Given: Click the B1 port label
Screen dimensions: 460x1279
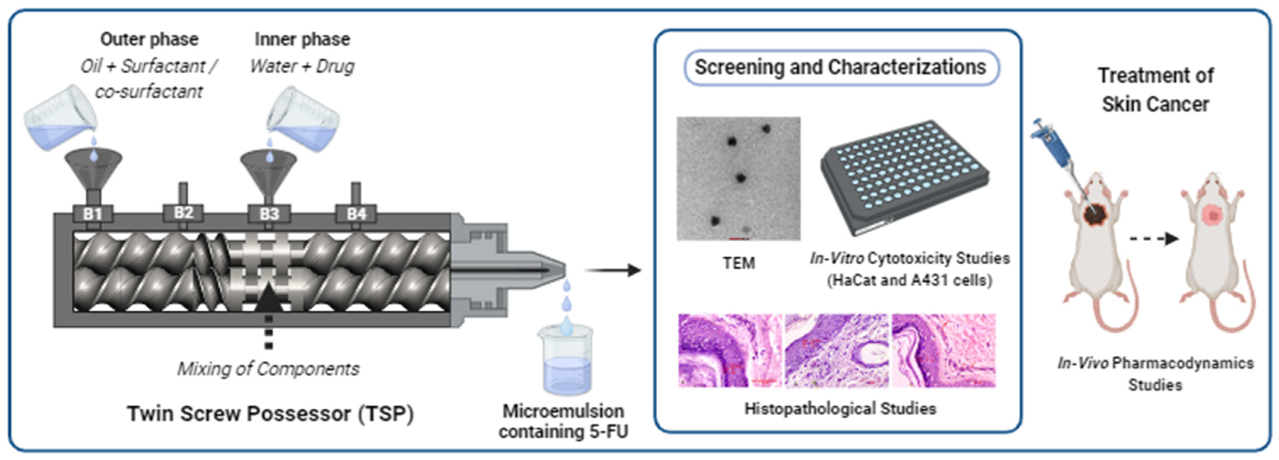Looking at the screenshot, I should (93, 214).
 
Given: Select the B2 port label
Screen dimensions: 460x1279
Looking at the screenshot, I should (183, 212).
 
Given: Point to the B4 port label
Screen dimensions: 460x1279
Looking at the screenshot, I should (356, 214).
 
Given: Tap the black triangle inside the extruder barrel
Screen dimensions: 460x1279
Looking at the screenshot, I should (268, 298).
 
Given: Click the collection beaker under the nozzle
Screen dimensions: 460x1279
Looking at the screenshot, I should (566, 362).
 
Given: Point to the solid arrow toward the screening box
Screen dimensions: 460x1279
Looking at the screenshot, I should (613, 270).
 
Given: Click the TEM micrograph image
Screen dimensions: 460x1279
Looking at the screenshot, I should (738, 179).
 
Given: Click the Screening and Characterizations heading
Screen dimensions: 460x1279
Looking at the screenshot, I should (841, 67).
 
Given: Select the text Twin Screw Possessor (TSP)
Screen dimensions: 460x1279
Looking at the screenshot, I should (271, 413).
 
